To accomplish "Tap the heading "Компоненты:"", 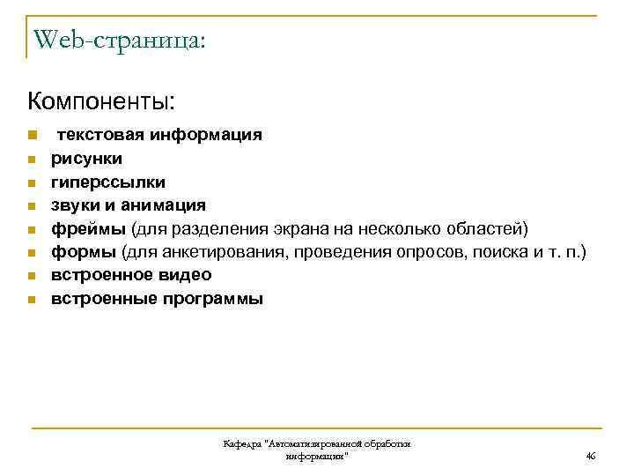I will coord(101,100).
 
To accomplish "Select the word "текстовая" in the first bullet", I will coord(100,135).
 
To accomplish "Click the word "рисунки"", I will coord(86,159).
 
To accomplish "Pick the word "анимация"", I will coord(166,205).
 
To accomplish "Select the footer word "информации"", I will coord(315,456).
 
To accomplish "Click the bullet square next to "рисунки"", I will coord(30,160).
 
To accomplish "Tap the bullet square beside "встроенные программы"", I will coord(30,300).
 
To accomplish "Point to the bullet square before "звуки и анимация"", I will coord(30,206).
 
